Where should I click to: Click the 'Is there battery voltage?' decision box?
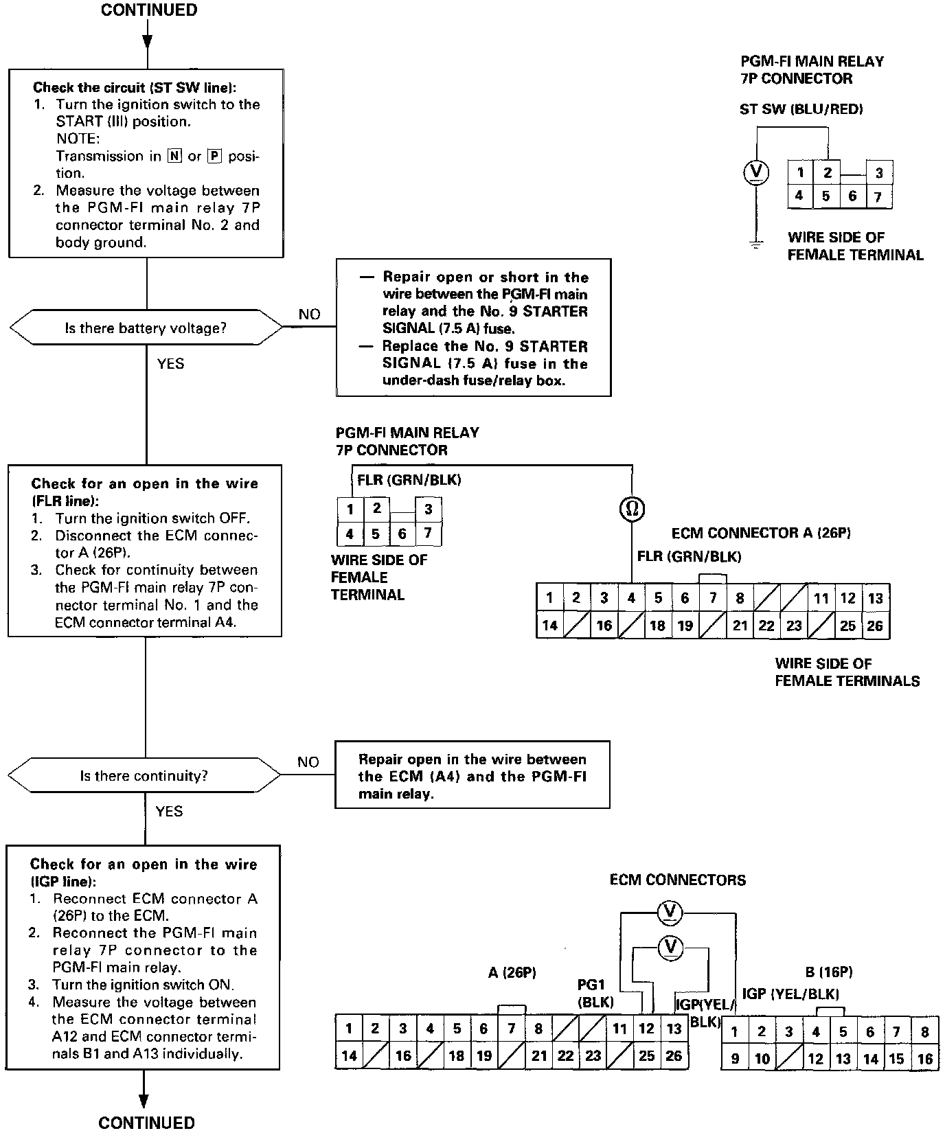[x=146, y=328]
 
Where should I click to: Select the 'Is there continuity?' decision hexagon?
[x=144, y=776]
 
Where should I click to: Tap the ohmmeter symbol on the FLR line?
[x=632, y=508]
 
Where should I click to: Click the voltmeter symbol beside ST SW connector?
[x=756, y=172]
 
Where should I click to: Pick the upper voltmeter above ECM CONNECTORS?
[x=670, y=911]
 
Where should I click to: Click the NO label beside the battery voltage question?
[x=309, y=314]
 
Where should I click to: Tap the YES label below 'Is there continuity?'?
[x=169, y=812]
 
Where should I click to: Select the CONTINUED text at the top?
[x=149, y=10]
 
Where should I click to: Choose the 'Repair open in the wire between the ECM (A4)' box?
[x=473, y=776]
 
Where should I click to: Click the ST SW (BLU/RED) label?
[x=801, y=109]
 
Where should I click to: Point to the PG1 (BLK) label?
[x=595, y=994]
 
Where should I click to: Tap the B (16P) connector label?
[x=828, y=972]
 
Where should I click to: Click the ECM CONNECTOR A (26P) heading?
[x=761, y=534]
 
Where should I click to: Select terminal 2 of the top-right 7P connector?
[x=828, y=172]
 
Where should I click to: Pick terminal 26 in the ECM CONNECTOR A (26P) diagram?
[x=875, y=626]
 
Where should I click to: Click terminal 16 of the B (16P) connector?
[x=925, y=1059]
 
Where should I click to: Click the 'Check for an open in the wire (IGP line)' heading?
[x=143, y=872]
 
